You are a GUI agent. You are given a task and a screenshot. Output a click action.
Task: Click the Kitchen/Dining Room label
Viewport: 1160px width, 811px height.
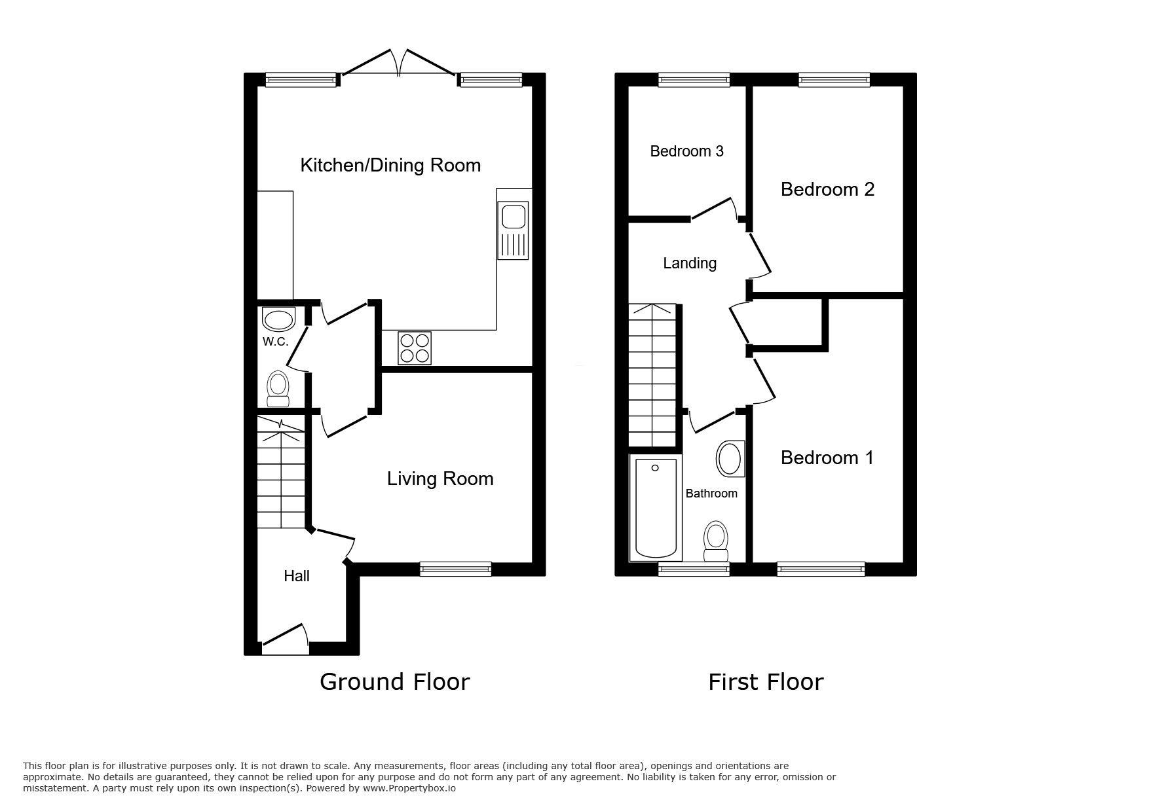(390, 165)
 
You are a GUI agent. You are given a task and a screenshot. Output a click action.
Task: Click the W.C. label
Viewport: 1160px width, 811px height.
(275, 342)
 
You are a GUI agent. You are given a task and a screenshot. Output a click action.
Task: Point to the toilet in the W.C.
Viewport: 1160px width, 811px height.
(278, 389)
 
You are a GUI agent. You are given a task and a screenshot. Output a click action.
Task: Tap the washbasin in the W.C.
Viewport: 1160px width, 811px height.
(278, 319)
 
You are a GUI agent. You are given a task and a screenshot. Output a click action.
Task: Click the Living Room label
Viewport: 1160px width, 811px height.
(440, 478)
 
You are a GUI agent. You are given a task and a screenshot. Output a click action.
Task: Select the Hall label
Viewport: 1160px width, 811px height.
(296, 576)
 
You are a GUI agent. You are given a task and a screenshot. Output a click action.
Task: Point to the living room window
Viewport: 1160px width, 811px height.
(455, 569)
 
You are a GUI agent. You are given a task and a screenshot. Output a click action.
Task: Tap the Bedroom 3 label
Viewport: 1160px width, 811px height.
(686, 151)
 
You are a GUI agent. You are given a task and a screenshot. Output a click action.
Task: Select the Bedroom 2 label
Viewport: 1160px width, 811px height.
(827, 189)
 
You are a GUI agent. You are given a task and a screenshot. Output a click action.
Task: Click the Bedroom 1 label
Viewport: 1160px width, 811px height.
(827, 458)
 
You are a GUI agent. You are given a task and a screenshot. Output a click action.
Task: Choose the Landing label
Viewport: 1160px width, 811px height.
(690, 263)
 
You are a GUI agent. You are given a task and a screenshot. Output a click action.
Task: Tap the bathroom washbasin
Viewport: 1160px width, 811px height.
(730, 459)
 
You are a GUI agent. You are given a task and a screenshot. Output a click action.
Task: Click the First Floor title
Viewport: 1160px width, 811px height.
(765, 682)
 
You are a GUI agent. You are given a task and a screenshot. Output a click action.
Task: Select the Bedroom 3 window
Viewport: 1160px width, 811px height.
(694, 79)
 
